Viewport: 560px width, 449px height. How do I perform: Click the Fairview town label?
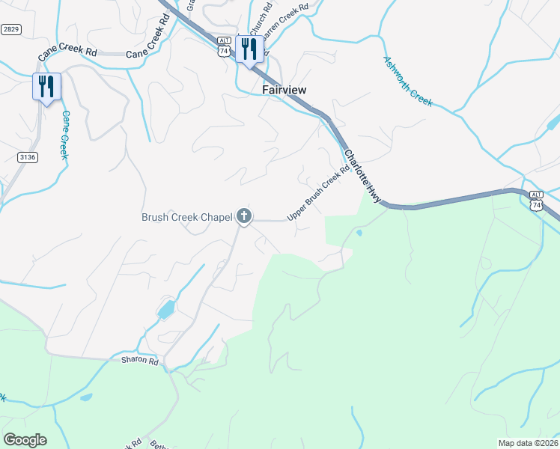click(284, 89)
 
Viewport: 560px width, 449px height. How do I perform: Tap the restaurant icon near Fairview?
click(249, 50)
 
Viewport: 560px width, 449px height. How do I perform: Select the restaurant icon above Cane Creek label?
click(46, 87)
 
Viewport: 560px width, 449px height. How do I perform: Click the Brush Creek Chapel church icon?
click(243, 217)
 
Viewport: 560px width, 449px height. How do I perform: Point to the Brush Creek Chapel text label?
click(186, 218)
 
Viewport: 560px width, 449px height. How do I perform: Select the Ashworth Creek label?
click(408, 81)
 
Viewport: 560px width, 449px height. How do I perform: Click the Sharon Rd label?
click(140, 361)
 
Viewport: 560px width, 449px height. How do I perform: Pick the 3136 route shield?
click(28, 156)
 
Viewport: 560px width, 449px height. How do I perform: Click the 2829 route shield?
click(10, 29)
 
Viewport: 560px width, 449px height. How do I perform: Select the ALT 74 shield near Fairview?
click(223, 46)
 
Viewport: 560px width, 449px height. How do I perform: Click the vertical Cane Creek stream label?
click(64, 135)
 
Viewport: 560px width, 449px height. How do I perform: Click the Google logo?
click(24, 440)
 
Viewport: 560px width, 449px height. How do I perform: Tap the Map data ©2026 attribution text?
click(528, 443)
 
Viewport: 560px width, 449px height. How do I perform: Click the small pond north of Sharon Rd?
click(166, 308)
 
